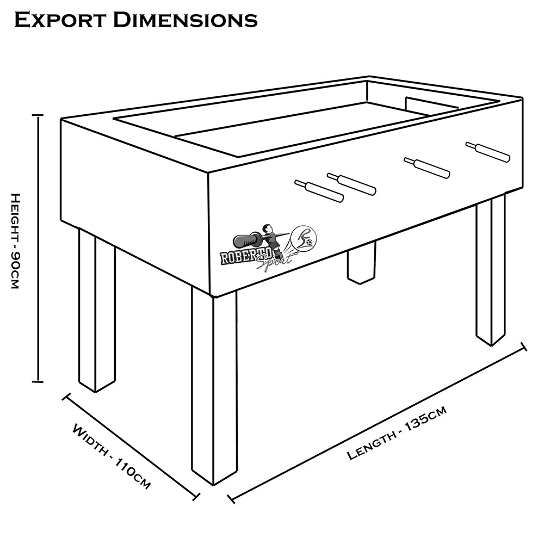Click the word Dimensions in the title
[x=185, y=20]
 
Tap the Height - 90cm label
[x=15, y=240]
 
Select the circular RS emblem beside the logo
[x=303, y=238]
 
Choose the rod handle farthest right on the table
[x=488, y=152]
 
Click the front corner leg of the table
[x=214, y=386]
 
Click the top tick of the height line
[x=38, y=115]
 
